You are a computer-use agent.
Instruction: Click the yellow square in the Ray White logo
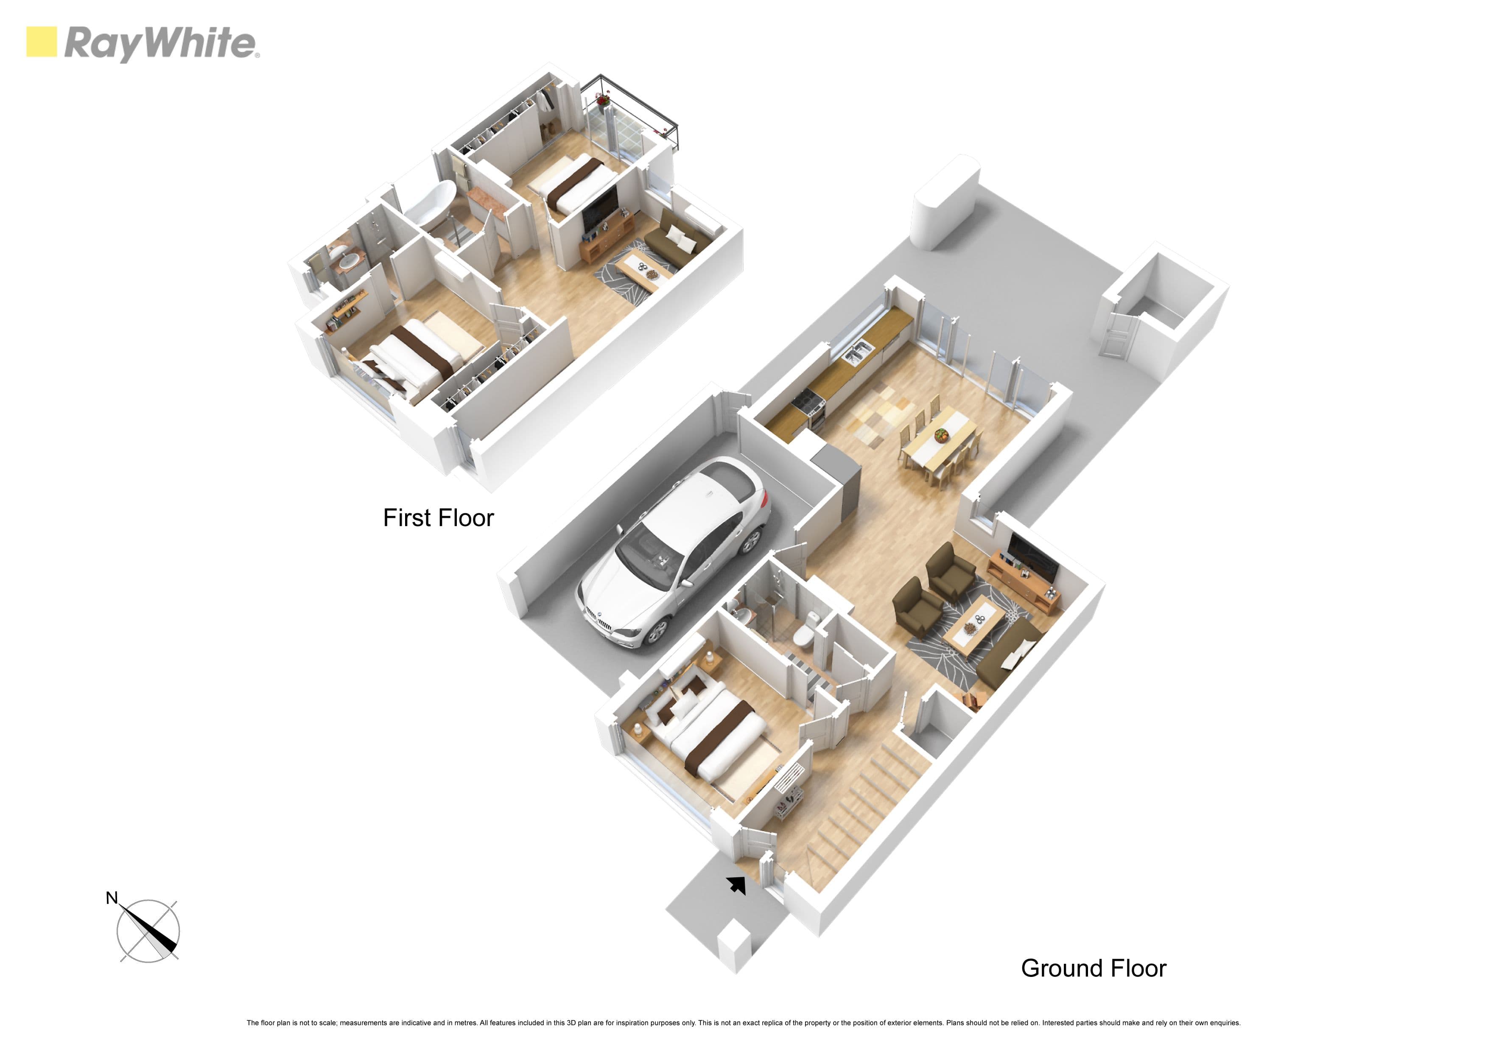[42, 42]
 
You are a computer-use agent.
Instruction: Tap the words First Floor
[438, 518]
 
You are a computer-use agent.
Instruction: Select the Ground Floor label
[1094, 968]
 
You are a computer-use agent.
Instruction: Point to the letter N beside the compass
[112, 898]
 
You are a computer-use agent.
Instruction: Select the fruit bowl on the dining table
[940, 436]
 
